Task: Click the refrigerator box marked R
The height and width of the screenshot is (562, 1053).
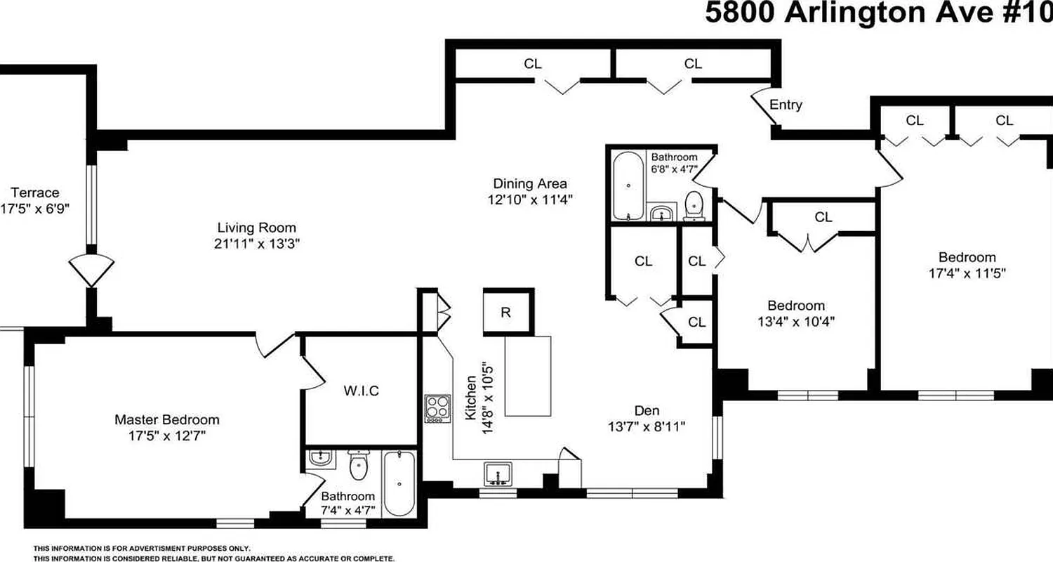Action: [x=508, y=312]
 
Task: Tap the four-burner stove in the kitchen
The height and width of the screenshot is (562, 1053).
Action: [x=437, y=409]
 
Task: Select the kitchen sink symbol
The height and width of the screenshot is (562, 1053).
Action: [x=498, y=474]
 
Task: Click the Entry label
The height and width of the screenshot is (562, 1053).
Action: [x=786, y=105]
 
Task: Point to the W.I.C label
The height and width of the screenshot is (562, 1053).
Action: [x=362, y=391]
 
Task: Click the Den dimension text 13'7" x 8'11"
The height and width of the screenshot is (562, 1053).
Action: [x=647, y=426]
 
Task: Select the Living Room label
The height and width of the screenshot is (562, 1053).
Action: [x=256, y=228]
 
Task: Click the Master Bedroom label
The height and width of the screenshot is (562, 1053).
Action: [x=166, y=419]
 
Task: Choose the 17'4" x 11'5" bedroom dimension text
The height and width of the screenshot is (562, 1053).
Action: [x=967, y=273]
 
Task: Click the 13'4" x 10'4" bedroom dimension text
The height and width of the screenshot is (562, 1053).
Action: [x=795, y=322]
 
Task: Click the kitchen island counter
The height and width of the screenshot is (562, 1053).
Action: [x=528, y=376]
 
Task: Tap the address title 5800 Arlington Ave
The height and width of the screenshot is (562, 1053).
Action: [x=877, y=13]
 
